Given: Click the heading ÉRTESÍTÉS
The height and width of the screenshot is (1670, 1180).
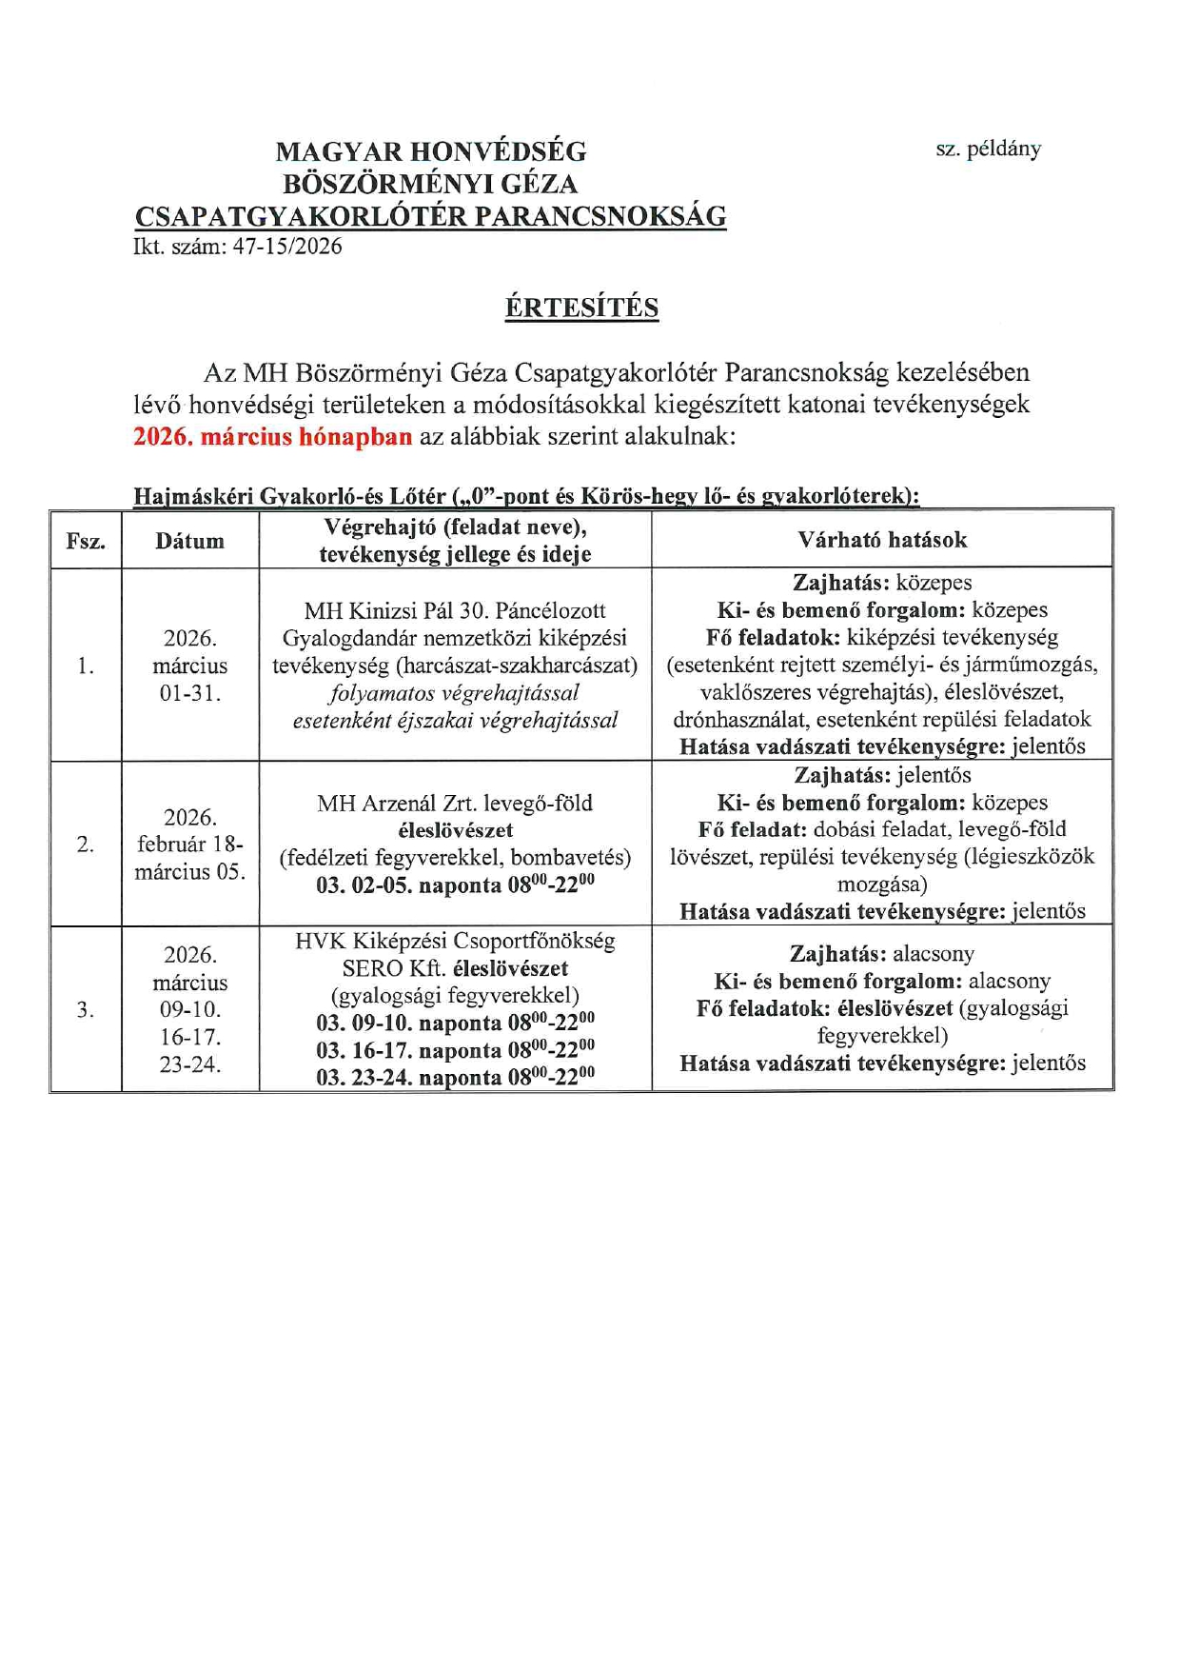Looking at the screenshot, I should pos(581,308).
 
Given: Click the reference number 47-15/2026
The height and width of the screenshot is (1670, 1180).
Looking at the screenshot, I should pos(287,247).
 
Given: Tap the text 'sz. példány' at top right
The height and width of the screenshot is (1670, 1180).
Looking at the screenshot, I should pos(988,149).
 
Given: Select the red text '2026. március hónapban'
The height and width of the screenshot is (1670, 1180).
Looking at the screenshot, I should pos(273,437).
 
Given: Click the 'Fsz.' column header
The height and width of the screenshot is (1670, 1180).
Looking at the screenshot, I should pos(86,541).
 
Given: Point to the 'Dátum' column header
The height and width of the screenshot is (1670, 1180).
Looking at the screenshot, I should pos(190,541).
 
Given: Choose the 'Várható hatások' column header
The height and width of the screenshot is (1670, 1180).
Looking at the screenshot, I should pos(882,540).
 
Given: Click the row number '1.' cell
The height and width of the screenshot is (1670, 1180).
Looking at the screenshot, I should pos(86,666).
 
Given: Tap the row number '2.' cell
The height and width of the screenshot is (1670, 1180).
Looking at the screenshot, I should pos(86,844).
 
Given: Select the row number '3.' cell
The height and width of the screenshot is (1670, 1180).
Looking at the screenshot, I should pos(86,1009).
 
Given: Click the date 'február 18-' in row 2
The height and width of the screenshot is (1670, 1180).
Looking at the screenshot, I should pos(190,845).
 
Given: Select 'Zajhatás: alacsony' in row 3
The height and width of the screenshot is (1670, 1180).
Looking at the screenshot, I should pos(882,954).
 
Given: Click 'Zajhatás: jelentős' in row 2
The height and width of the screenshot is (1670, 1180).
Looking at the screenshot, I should pos(882,775).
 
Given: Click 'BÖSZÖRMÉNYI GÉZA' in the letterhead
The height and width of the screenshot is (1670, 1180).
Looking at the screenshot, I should pos(430,184).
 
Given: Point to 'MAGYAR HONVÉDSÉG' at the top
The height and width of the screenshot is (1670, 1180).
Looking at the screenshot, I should pos(430,151).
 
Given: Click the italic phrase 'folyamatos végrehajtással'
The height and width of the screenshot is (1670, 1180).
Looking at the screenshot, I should pos(455,693).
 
